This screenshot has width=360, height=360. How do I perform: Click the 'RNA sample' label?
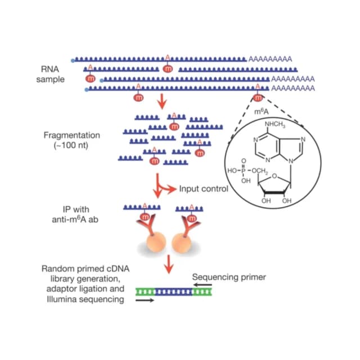(x=50, y=74)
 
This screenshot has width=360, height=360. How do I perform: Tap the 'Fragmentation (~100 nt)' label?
(x=71, y=140)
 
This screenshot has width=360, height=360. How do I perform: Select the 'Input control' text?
(x=204, y=189)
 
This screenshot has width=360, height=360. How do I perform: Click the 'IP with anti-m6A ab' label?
(x=75, y=214)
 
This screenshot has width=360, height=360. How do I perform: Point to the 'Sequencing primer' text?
(x=229, y=277)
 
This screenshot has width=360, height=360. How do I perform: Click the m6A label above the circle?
(x=262, y=111)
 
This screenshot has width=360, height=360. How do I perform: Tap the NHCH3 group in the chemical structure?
(x=275, y=124)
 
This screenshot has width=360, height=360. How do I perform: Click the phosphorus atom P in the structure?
(x=244, y=171)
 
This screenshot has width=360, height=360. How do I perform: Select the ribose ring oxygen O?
(x=274, y=176)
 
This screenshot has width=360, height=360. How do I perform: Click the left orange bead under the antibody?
(x=156, y=242)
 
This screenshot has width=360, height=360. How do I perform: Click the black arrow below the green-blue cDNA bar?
(x=145, y=300)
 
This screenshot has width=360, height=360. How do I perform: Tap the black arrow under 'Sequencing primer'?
(x=202, y=285)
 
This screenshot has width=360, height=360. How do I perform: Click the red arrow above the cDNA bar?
(x=169, y=264)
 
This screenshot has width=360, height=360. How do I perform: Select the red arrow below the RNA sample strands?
(x=163, y=101)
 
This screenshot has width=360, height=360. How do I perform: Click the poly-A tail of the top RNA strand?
(x=270, y=59)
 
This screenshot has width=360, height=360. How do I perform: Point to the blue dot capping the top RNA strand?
(x=73, y=61)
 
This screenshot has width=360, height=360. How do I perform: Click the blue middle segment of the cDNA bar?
(x=174, y=292)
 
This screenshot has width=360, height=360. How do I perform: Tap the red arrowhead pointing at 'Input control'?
(x=172, y=190)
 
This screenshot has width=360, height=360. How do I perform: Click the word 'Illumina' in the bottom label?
(x=60, y=299)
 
